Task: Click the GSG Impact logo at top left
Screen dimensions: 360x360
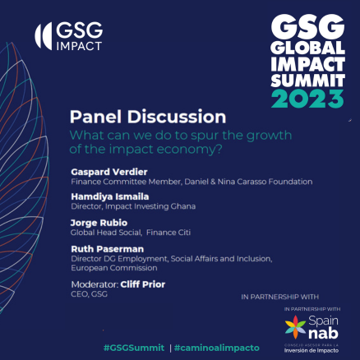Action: pos(68,37)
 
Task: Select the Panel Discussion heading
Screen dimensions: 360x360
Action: pos(147,117)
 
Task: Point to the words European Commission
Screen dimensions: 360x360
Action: pos(114,268)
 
